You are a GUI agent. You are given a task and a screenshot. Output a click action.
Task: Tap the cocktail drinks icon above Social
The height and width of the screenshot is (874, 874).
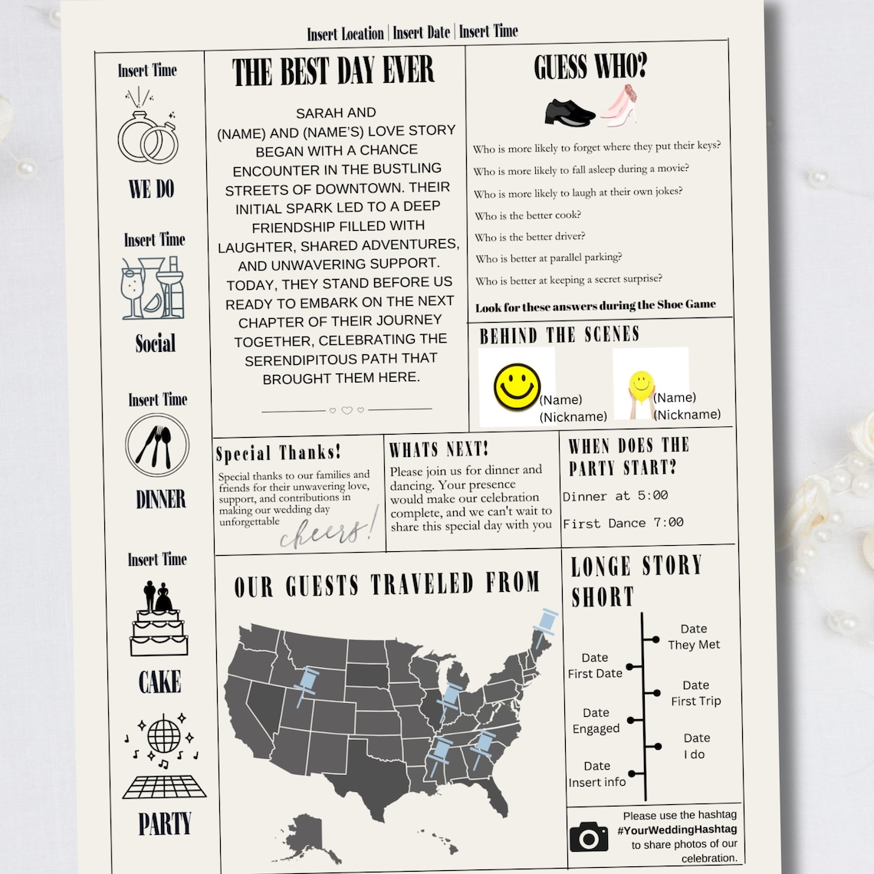coord(153,287)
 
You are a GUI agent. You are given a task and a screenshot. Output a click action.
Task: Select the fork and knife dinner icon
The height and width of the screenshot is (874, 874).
coord(157,445)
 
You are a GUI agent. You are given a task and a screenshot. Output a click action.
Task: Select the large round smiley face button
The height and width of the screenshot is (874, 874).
coord(517,386)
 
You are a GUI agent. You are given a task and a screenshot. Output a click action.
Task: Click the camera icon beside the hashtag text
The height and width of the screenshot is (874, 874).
coord(589,837)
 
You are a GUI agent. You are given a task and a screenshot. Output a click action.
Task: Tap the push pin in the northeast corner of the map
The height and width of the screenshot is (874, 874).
coord(546,625)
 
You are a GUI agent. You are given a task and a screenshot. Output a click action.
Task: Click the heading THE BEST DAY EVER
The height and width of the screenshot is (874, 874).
coord(333,73)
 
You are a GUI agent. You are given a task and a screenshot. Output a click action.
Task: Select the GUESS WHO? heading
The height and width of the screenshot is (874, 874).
coord(590,67)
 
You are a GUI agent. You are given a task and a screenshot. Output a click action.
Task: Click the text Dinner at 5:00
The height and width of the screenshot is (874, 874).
coord(615,496)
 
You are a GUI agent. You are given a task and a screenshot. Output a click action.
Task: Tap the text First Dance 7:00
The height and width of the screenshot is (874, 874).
coord(623,523)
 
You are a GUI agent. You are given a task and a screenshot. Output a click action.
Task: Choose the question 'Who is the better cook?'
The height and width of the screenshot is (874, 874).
coord(527,215)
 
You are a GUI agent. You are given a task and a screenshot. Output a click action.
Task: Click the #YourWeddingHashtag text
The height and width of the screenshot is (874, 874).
coord(677,830)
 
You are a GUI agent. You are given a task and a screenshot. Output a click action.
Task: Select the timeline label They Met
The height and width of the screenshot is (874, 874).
coord(694,645)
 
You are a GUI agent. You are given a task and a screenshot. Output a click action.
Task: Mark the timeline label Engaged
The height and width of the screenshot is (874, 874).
coord(596,728)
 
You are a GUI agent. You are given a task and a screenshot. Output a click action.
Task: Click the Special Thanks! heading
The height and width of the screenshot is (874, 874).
coord(278,453)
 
